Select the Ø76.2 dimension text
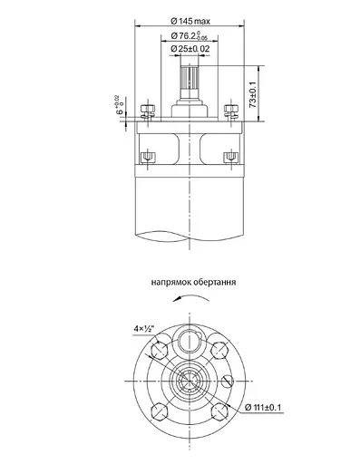point(190,35)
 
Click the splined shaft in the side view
point(190,82)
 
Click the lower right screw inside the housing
point(229,155)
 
